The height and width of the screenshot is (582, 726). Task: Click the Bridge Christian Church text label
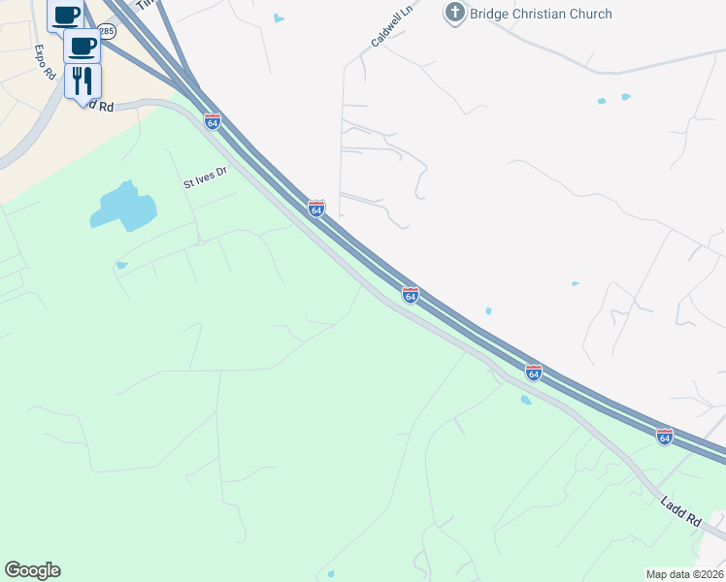pos(542,14)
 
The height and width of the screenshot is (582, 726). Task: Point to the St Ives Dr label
pos(205,177)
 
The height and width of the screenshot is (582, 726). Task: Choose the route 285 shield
pos(107,32)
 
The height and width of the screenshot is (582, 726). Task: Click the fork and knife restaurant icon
pos(82,80)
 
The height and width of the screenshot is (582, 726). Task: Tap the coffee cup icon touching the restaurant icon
pos(82,46)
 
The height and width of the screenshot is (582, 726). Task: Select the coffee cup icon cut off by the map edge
pos(66,14)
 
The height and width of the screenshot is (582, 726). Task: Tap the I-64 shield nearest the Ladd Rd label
pos(664,437)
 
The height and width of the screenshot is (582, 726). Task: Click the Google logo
pos(32,570)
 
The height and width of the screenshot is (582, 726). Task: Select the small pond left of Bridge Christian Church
pos(280,17)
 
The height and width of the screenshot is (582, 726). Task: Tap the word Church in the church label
pos(591,14)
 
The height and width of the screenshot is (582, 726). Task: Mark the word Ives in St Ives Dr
pos(205,177)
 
